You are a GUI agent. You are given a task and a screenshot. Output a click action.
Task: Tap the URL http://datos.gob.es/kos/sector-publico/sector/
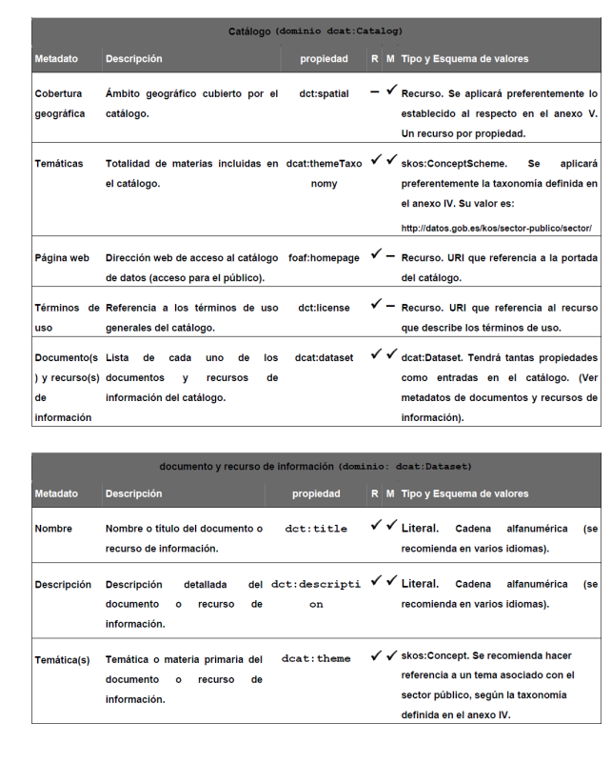click(x=497, y=228)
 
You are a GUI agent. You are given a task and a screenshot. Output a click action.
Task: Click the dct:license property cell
click(x=323, y=308)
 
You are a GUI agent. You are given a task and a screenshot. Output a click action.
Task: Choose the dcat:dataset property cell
click(x=324, y=358)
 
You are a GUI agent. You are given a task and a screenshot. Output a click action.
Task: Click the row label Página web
click(x=62, y=258)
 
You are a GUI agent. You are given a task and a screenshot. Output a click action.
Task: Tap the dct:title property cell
click(x=316, y=528)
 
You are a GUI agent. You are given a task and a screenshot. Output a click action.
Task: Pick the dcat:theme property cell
click(x=316, y=658)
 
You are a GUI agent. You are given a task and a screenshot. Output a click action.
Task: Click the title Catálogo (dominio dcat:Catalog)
click(x=315, y=31)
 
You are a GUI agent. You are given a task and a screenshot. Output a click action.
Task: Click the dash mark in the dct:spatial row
click(x=377, y=91)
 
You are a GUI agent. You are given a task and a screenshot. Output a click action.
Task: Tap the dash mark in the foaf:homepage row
click(x=391, y=256)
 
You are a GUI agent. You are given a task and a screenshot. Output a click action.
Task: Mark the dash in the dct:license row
click(x=391, y=307)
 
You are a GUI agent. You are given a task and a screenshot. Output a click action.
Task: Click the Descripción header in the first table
click(x=134, y=59)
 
